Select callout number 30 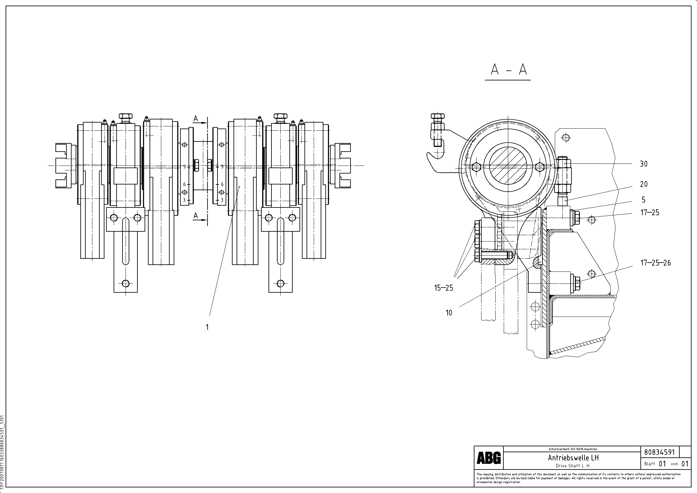[x=644, y=164]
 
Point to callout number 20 [x=644, y=184]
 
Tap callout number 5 [x=643, y=200]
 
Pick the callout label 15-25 [x=444, y=288]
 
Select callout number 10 [x=449, y=313]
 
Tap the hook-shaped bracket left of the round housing [x=437, y=159]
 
